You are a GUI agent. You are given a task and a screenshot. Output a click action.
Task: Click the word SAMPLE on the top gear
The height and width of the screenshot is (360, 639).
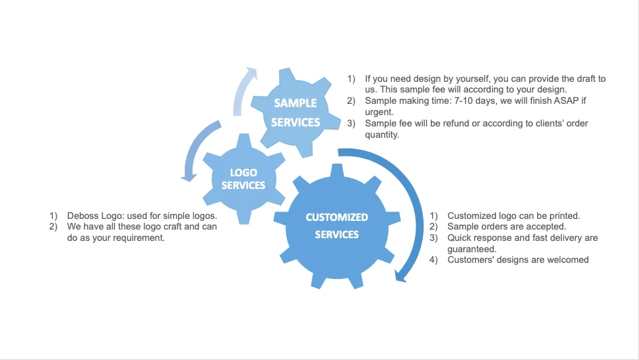click(x=295, y=103)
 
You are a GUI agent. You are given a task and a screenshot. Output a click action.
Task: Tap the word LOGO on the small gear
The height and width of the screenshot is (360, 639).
click(x=243, y=172)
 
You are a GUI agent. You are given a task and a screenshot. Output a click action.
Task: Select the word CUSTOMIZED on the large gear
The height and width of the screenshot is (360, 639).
click(x=336, y=218)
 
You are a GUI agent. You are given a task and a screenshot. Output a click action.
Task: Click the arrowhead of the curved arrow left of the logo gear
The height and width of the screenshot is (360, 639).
click(x=188, y=178)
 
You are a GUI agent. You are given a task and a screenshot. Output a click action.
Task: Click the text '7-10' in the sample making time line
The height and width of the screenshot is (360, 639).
click(x=463, y=100)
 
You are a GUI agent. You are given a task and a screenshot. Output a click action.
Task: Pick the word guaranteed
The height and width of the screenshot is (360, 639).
click(x=471, y=249)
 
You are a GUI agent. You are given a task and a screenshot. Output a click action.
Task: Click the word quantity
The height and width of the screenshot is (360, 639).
click(x=381, y=135)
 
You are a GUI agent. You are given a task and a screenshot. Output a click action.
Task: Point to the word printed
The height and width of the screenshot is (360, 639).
click(x=564, y=216)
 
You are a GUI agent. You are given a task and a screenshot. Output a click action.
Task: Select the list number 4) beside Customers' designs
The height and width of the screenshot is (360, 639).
click(x=434, y=260)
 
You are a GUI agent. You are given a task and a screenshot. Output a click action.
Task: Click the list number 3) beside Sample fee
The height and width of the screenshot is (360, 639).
click(x=351, y=124)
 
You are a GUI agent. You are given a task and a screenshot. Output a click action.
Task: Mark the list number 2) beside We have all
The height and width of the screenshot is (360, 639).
click(x=53, y=227)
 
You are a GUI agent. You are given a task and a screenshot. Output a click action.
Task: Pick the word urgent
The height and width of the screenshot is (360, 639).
click(x=378, y=112)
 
